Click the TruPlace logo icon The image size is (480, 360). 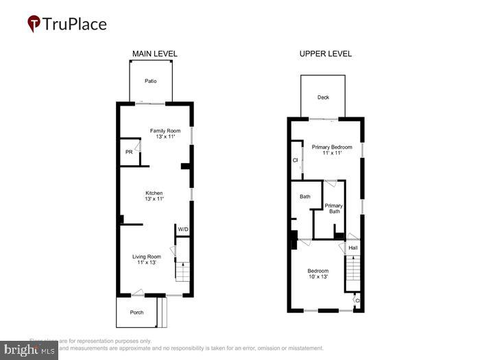coord(34,24)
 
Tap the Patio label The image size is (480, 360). coord(150,81)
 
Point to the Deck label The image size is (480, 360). coord(323,97)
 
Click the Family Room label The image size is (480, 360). coord(165,130)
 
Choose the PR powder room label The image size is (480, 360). coord(128,152)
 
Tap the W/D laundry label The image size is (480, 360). coord(183,229)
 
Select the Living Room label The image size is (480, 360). coord(146,256)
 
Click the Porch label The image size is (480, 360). coord(136,312)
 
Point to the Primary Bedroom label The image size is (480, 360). coord(332,147)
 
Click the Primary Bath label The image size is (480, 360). coord(333,208)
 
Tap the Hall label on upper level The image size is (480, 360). coord(352,248)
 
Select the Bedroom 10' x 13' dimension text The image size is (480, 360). coord(317,277)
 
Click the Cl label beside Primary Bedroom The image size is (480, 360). coord(295,160)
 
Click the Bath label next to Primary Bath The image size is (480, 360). coord(305,197)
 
